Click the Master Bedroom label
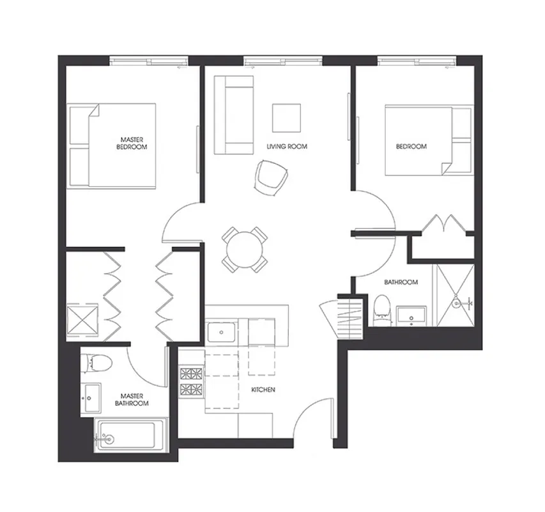click(x=132, y=143)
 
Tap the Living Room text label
click(x=287, y=147)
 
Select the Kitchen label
click(x=263, y=389)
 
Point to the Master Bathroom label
click(x=132, y=399)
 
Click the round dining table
click(x=245, y=248)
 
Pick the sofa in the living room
click(x=233, y=115)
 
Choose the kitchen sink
click(x=222, y=333)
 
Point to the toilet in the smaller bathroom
click(x=381, y=308)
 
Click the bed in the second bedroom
click(x=418, y=140)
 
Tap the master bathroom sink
click(x=91, y=398)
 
